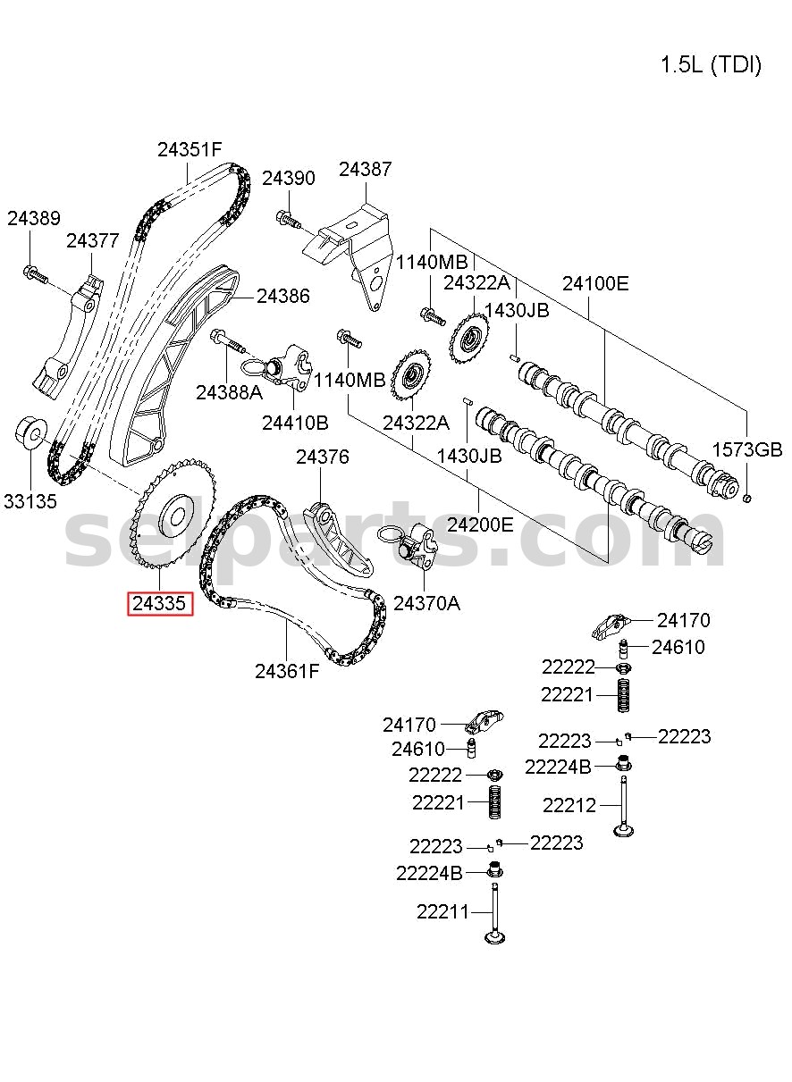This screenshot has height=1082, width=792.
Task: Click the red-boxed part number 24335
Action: click(x=159, y=603)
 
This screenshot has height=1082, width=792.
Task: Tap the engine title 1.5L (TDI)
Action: click(x=711, y=65)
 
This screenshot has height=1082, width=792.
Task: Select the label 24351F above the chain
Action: click(x=190, y=150)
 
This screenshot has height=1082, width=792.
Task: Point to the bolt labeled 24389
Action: click(x=36, y=274)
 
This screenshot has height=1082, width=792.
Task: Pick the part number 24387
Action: click(x=365, y=169)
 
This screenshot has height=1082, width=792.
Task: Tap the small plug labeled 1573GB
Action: click(x=746, y=498)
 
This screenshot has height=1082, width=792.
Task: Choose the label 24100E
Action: click(x=595, y=283)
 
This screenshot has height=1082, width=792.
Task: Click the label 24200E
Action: click(x=480, y=524)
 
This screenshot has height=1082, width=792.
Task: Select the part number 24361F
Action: click(x=287, y=671)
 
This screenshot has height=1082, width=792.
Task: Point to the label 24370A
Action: click(x=426, y=603)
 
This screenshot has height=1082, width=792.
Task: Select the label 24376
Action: click(x=323, y=457)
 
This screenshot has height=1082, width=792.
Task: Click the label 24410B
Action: click(x=295, y=424)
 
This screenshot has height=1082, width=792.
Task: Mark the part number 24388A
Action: click(x=229, y=393)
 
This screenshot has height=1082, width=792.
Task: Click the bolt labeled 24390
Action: click(x=289, y=219)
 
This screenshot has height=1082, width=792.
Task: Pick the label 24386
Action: click(x=282, y=296)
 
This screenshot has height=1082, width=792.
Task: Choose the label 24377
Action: click(x=92, y=240)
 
